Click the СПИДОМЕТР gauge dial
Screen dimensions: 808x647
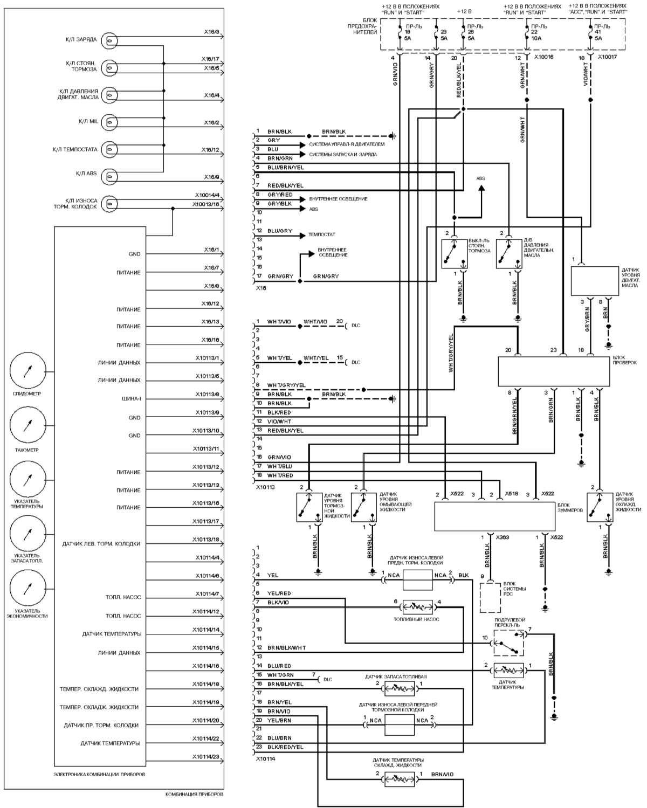tap(28, 371)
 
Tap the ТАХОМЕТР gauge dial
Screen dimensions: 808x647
tap(28, 426)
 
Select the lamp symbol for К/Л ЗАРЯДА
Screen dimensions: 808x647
tap(110, 40)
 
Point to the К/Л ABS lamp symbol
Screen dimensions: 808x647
tap(110, 176)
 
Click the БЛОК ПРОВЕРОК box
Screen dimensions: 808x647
tap(554, 372)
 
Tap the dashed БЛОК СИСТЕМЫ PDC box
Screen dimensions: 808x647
tap(491, 597)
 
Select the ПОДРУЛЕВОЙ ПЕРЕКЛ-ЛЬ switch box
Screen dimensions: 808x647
tap(509, 643)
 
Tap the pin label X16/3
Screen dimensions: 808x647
tap(211, 32)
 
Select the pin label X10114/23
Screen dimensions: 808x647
tap(208, 756)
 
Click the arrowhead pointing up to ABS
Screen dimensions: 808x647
tap(480, 189)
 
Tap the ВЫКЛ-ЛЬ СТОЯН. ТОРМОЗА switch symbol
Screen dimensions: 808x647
tap(452, 254)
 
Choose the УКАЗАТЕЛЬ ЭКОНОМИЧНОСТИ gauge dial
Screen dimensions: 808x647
tap(28, 590)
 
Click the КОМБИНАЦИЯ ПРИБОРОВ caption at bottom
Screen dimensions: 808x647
tap(194, 795)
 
